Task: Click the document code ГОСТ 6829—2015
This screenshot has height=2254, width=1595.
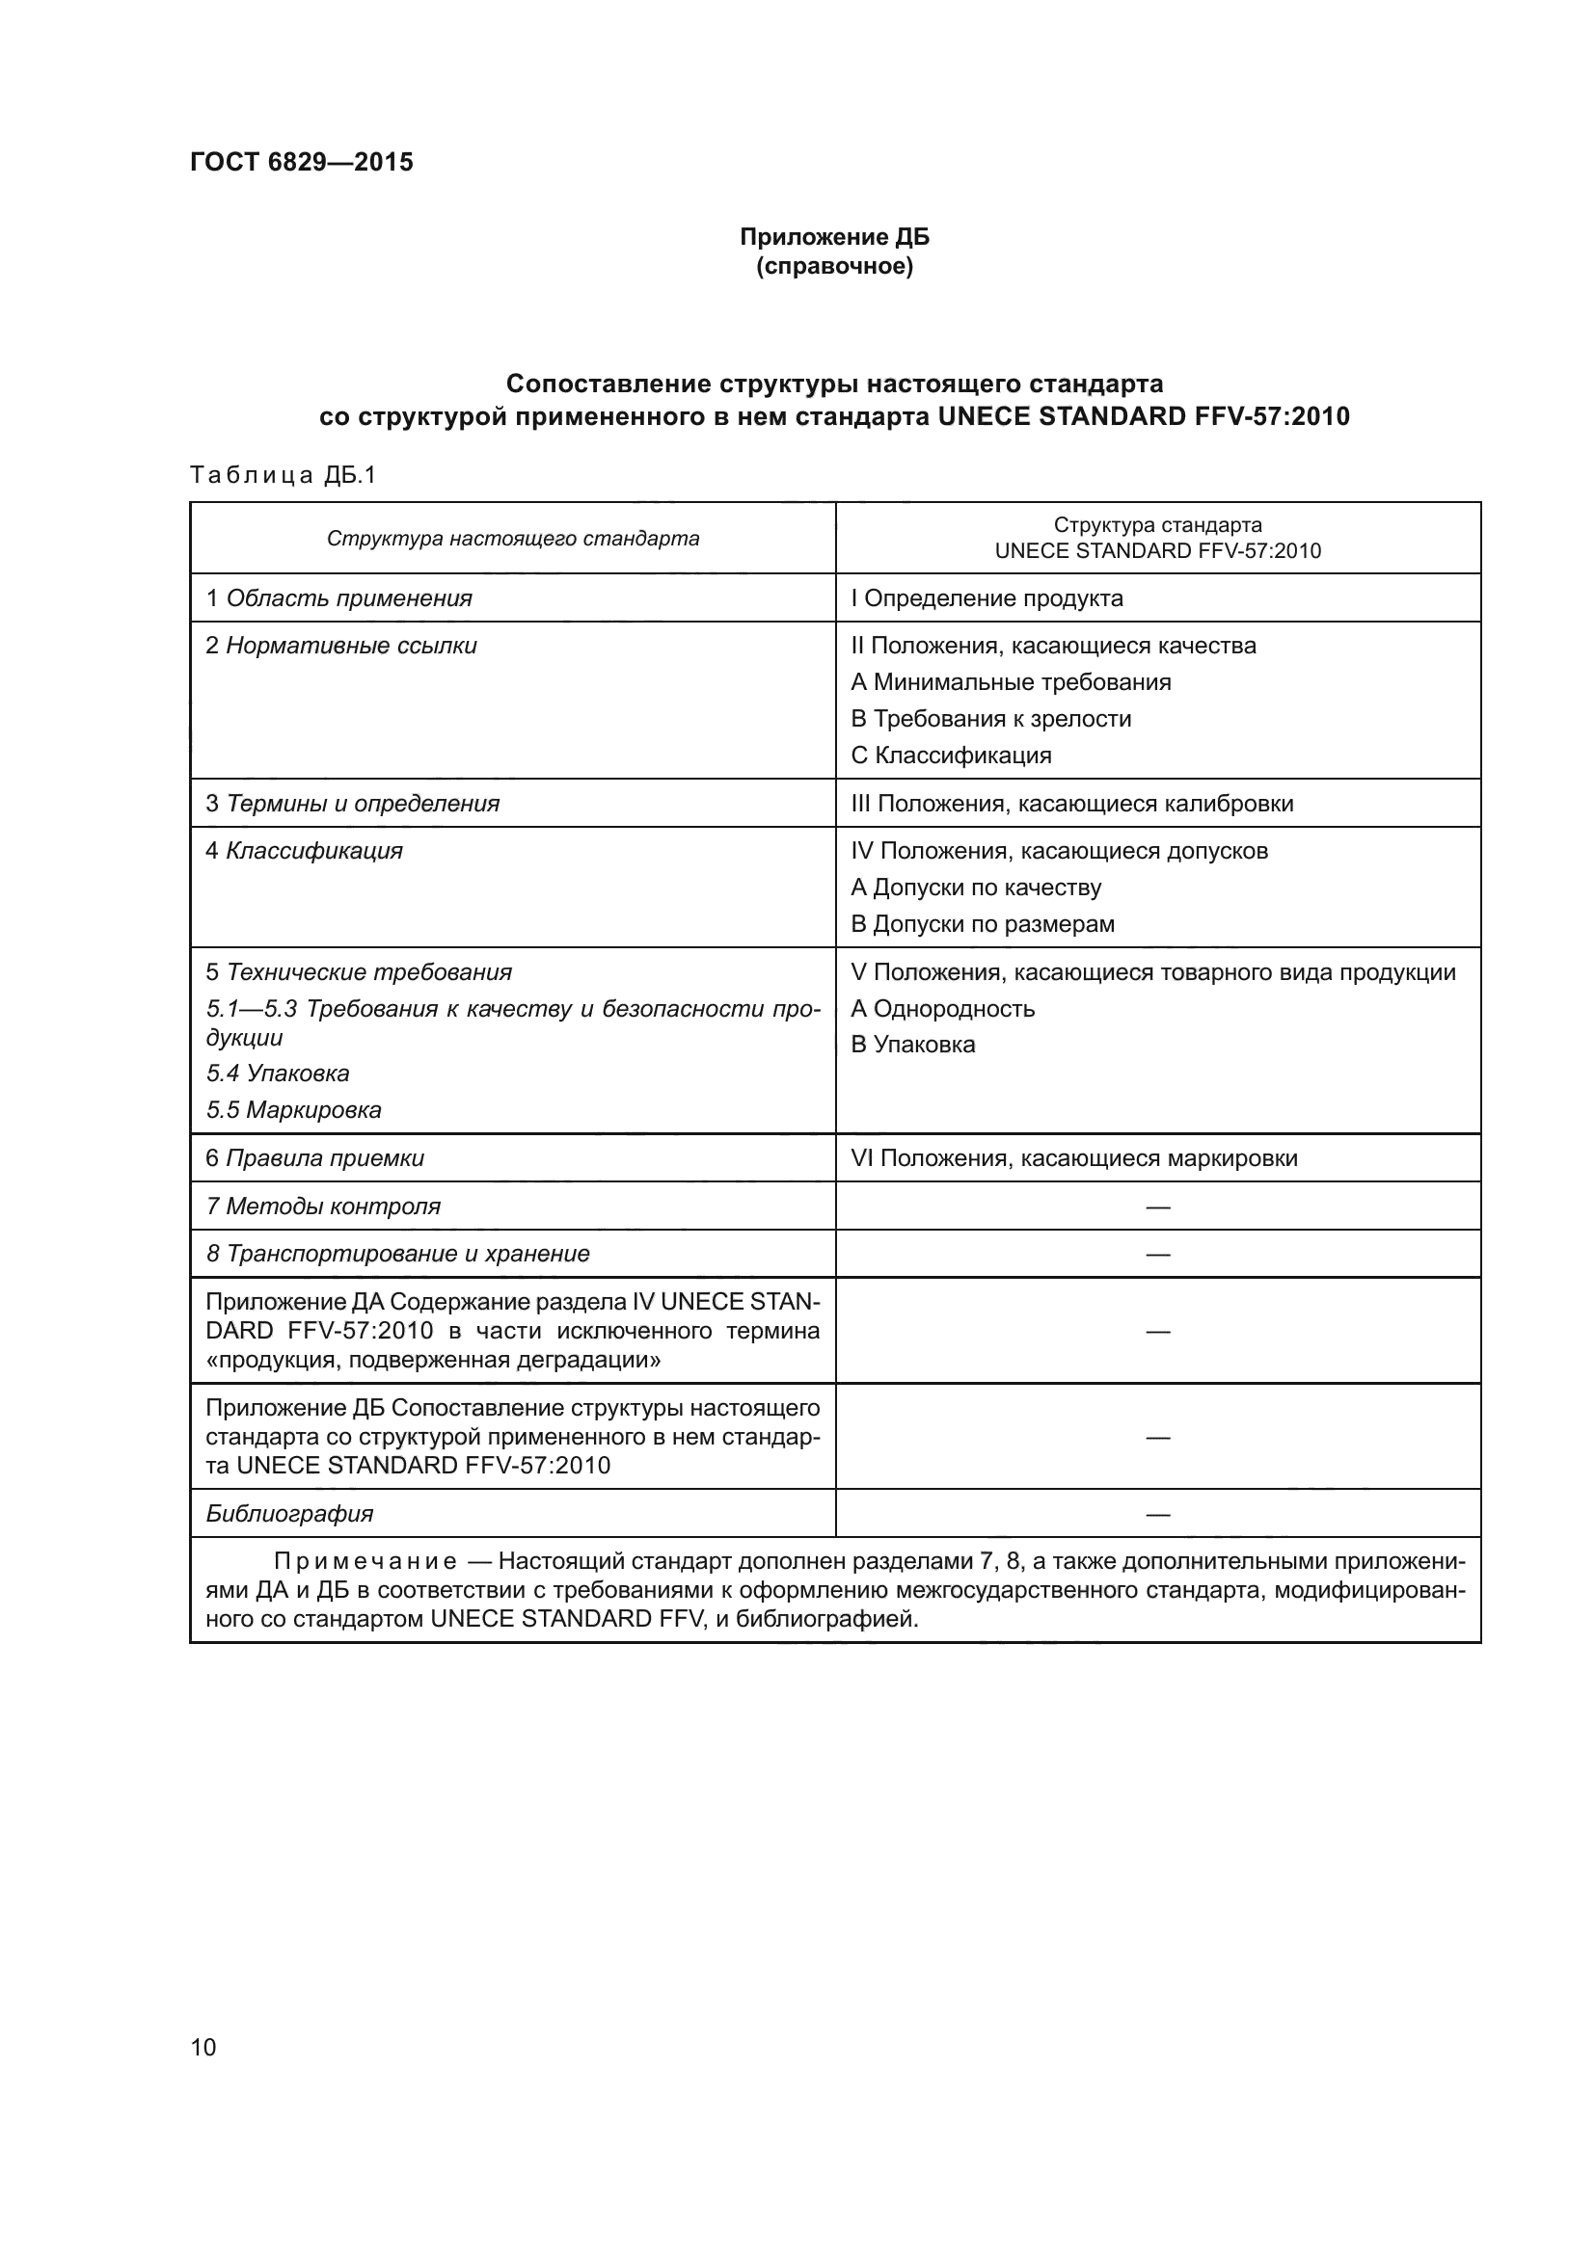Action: pyautogui.click(x=302, y=162)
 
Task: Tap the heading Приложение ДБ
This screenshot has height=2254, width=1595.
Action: pyautogui.click(x=834, y=237)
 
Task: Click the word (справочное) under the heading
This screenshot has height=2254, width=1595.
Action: pyautogui.click(x=834, y=267)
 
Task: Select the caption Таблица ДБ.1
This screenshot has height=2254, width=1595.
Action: pyautogui.click(x=283, y=476)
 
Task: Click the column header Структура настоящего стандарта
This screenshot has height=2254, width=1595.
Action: pyautogui.click(x=513, y=539)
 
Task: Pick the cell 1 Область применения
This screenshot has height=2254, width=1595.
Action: pyautogui.click(x=338, y=598)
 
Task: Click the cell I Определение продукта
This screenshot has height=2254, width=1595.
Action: pyautogui.click(x=987, y=598)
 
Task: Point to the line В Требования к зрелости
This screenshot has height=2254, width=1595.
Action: pyautogui.click(x=990, y=719)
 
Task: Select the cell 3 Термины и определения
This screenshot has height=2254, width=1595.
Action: pyautogui.click(x=353, y=804)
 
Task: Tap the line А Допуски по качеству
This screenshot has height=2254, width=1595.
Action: pyautogui.click(x=975, y=888)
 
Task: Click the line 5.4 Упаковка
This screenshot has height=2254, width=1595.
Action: pyautogui.click(x=278, y=1073)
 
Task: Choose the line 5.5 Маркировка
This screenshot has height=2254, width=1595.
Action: pyautogui.click(x=294, y=1110)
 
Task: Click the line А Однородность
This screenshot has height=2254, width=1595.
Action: pyautogui.click(x=942, y=1009)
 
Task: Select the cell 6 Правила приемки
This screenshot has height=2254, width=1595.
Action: pyautogui.click(x=315, y=1158)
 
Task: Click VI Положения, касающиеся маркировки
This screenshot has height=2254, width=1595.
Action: pyautogui.click(x=1073, y=1158)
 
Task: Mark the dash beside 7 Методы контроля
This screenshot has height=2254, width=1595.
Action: pyautogui.click(x=1157, y=1207)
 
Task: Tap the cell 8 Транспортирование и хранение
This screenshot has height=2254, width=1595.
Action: pyautogui.click(x=397, y=1254)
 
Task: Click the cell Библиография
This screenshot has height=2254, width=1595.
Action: pyautogui.click(x=289, y=1514)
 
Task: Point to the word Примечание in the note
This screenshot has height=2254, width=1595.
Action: pyautogui.click(x=365, y=1562)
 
